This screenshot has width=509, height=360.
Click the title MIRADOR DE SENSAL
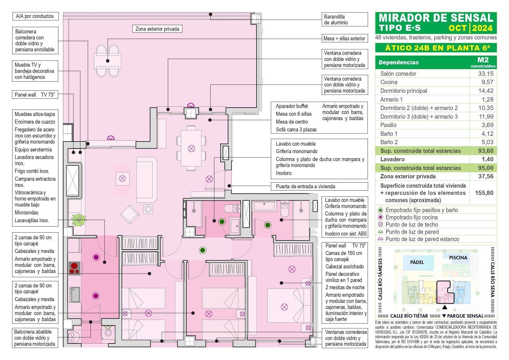pos(436,18)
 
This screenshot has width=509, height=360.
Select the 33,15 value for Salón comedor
pos(485,74)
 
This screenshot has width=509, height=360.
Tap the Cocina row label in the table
pos(389,82)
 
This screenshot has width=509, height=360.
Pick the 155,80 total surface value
pos(484,193)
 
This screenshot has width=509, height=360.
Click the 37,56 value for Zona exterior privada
pos(486,176)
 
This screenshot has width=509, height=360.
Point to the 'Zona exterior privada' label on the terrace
pos(157,29)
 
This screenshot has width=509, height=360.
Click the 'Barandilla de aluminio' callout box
pos(344,20)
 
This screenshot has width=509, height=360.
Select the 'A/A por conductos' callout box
pos(35,16)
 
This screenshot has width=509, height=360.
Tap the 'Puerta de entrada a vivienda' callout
pos(319,187)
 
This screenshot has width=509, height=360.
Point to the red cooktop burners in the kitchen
pos(75,268)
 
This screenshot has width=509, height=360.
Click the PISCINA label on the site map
pos(458,258)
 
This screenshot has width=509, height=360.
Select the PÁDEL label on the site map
pos(417,262)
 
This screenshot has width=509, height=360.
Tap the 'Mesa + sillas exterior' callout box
pos(344,39)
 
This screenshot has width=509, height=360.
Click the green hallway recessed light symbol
pos(203,250)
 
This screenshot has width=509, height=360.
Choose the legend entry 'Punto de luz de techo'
pos(411,225)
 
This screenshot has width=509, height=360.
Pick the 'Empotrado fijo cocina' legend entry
pos(411,217)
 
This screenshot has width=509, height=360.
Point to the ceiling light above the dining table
pos(191,149)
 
